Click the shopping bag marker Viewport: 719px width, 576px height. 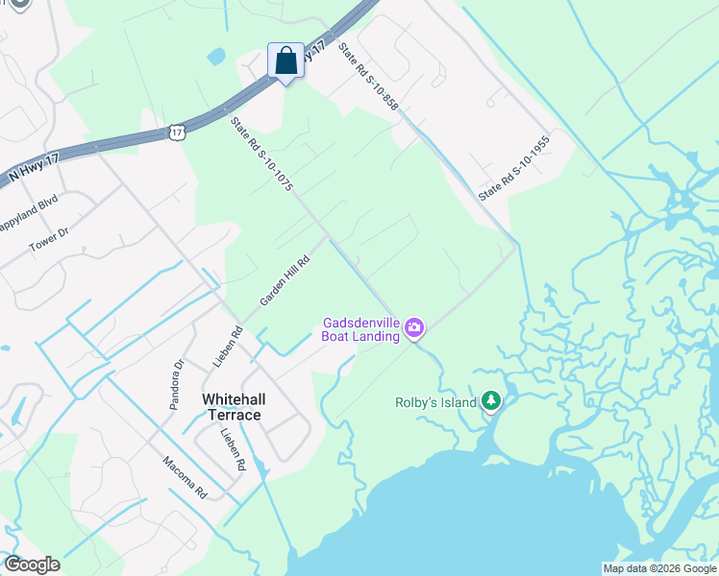(285, 62)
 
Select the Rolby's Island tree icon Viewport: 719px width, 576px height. (491, 399)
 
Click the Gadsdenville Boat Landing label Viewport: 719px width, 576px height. (360, 329)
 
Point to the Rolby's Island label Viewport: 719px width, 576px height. (435, 402)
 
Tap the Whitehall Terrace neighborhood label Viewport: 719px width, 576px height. (231, 406)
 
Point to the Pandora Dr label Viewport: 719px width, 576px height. (176, 385)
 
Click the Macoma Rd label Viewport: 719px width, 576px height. (185, 476)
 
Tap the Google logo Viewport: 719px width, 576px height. (32, 564)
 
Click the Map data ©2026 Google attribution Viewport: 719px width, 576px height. (659, 568)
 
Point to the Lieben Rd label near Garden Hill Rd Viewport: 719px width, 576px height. (228, 347)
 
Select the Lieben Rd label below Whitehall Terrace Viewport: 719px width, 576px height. (234, 449)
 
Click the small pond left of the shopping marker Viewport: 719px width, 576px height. (215, 56)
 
